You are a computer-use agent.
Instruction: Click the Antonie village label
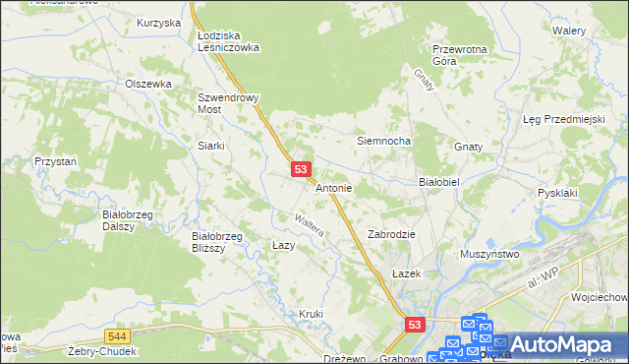(x=334, y=187)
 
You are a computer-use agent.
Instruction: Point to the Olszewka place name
(x=148, y=85)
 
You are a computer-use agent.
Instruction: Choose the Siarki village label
(x=211, y=146)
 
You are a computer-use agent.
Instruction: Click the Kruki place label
(x=311, y=314)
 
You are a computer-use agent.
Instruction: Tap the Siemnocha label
(x=382, y=142)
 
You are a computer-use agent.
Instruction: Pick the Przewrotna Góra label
(x=460, y=54)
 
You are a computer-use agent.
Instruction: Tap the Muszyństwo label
(x=489, y=254)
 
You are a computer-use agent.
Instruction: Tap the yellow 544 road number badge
(x=118, y=335)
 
